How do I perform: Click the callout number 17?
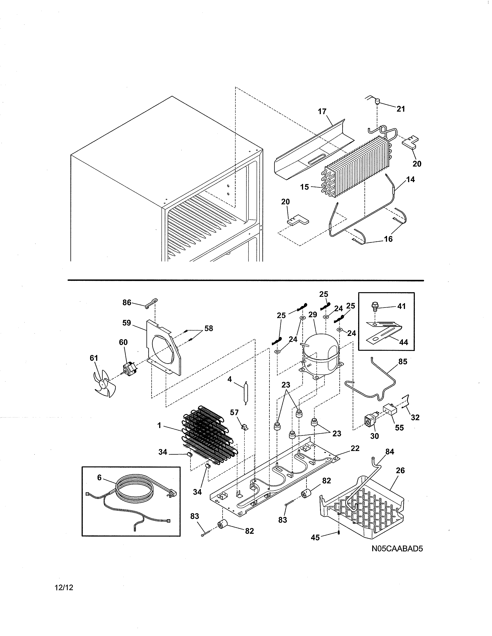pos(322,112)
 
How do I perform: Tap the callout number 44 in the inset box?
pos(403,342)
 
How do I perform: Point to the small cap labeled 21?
pos(377,102)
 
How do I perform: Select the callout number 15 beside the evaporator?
pos(305,187)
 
